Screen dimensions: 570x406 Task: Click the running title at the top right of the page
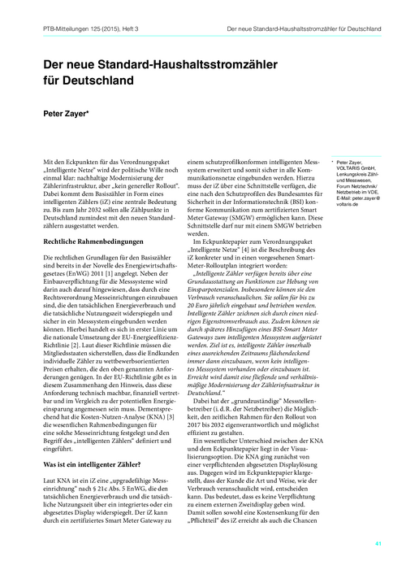[301, 29]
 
